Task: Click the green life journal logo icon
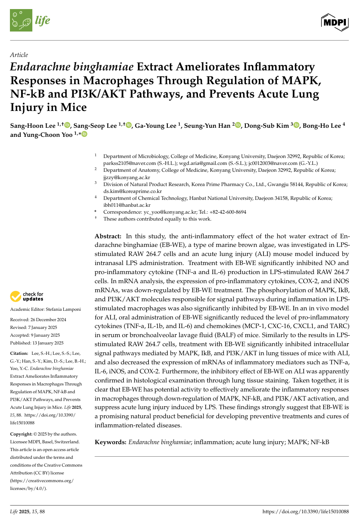(x=21, y=20)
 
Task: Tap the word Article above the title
(x=19, y=55)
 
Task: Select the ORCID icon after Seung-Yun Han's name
(x=238, y=126)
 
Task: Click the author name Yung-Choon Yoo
(x=47, y=135)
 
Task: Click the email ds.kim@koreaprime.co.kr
(x=132, y=191)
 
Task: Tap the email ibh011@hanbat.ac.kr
(x=127, y=205)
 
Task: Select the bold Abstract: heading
(x=108, y=237)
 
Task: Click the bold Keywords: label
(x=110, y=442)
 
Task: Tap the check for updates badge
(x=27, y=297)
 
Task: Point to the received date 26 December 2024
(x=47, y=320)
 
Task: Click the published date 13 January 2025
(x=49, y=343)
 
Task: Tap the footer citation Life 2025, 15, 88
(x=27, y=512)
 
